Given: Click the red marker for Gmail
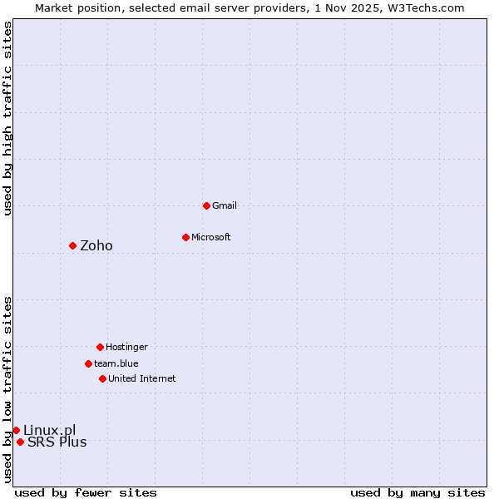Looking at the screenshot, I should [x=206, y=205].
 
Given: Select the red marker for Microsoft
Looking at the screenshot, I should [x=185, y=237].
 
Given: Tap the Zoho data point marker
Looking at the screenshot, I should [x=72, y=245].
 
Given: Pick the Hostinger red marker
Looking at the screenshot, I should [x=100, y=347].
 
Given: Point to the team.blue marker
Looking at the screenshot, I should [x=88, y=363].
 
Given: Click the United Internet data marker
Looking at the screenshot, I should [x=102, y=378].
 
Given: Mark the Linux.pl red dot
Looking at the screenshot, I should [x=16, y=430].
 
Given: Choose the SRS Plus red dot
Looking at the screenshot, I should [x=20, y=442].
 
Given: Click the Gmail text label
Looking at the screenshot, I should [x=225, y=205].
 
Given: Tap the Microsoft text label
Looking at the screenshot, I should [x=211, y=237].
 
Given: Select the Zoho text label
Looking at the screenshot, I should [x=96, y=245].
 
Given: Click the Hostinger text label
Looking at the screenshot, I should [x=126, y=347].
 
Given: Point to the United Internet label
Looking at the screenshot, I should [x=142, y=378].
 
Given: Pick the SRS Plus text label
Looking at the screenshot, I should [x=57, y=442].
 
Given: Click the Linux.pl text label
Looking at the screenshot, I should [x=49, y=430].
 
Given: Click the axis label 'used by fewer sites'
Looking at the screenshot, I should [x=86, y=492].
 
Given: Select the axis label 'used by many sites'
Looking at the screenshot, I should [x=417, y=492].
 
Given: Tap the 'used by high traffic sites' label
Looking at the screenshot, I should [x=7, y=118].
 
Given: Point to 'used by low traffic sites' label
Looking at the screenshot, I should [x=7, y=388].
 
